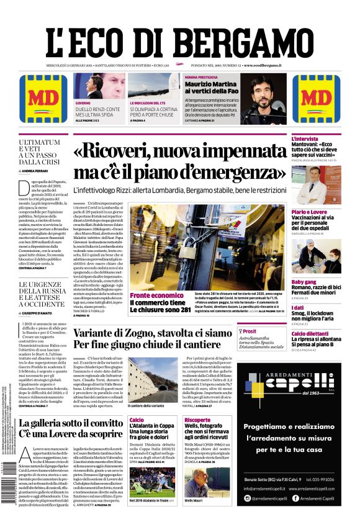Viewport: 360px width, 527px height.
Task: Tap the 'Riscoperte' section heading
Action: tap(197, 420)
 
